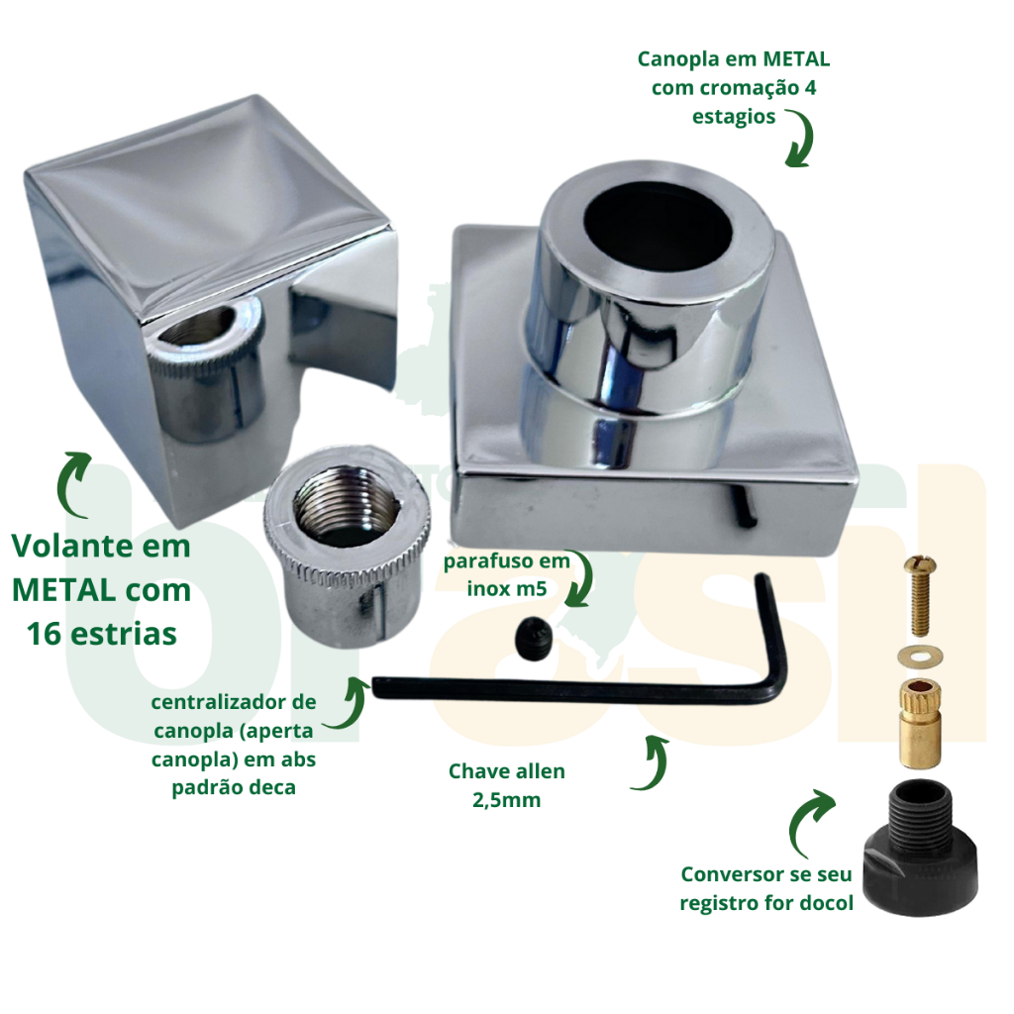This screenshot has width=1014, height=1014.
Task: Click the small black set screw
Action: coord(534,637)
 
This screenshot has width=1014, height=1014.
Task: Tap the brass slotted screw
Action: coord(919,594)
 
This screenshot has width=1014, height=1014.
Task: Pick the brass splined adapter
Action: coord(919,723)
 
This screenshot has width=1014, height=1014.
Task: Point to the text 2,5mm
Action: coord(506,800)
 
